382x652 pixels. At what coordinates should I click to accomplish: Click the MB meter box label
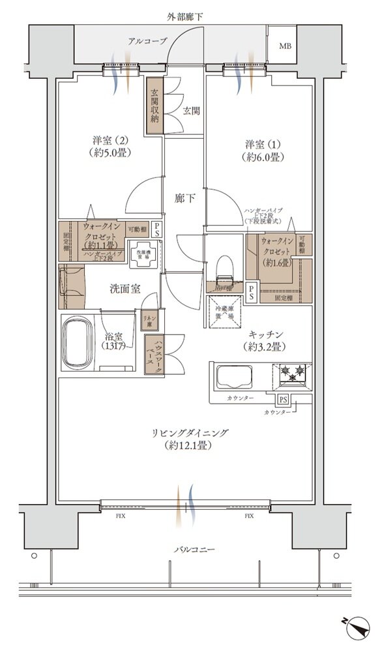pos(286,46)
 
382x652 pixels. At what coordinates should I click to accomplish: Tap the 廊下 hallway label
pos(185,199)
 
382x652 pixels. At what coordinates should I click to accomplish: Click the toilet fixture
pos(224,267)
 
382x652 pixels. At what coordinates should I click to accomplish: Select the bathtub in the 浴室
pos(82,343)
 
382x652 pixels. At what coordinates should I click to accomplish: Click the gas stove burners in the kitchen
pos(292,374)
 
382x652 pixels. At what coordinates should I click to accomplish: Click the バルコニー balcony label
pos(194,550)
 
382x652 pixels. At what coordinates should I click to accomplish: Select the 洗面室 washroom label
pos(125,289)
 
